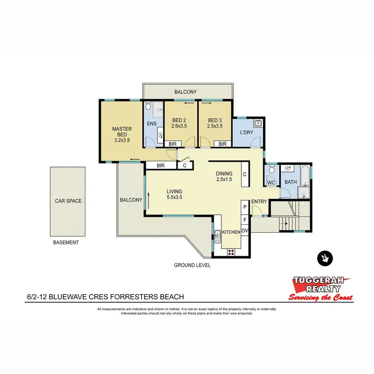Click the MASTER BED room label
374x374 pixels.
point(121,134)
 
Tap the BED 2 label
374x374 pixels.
point(179,123)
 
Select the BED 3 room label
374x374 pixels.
point(214,123)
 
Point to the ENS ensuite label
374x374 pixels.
point(152,124)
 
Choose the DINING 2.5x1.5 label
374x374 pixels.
point(224,177)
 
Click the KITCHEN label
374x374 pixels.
point(231,232)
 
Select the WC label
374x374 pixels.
point(271,183)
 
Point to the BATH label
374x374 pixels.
point(290,183)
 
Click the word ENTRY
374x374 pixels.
point(259,201)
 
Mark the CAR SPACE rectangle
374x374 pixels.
point(68,201)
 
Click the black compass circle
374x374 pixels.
point(325,258)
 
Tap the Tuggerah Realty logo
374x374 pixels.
point(322,289)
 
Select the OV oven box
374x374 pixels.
point(245,230)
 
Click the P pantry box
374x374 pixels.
point(245,206)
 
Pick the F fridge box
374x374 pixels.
point(245,218)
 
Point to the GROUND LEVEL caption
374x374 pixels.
point(192,265)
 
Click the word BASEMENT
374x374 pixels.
point(65,242)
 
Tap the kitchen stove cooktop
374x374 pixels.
point(231,252)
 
